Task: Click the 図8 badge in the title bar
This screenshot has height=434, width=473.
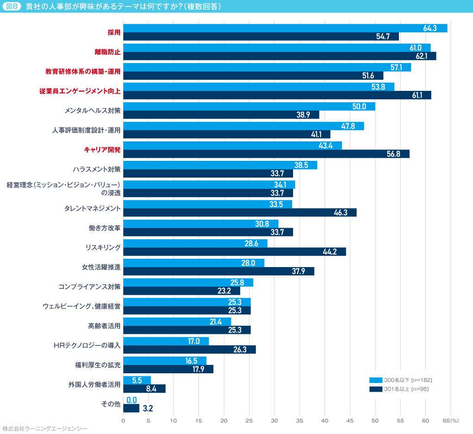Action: pos(12,6)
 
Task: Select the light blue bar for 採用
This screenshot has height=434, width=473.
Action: pos(285,28)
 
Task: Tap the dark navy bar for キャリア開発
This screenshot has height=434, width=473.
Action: pos(266,154)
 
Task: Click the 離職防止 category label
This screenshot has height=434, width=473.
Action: pos(108,52)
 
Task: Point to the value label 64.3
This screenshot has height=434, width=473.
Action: pos(430,28)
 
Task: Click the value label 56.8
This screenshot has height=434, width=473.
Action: pos(393,154)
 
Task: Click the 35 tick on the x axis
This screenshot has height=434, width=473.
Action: pos(300,421)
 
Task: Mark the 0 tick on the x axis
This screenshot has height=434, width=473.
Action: pos(123,421)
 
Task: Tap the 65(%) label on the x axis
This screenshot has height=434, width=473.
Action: pos(450,421)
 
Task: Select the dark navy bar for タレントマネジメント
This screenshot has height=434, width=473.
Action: pos(240,212)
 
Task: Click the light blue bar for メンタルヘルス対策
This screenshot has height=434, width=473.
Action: pos(249,107)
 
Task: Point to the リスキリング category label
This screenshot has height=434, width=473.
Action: pos(103,248)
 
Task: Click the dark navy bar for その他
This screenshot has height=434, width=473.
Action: pos(131,408)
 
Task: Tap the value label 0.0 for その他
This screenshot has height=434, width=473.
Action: pos(132,400)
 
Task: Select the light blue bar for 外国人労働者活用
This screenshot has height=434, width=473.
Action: pos(137,380)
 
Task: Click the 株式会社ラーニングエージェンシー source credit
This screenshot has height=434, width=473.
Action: pos(45,429)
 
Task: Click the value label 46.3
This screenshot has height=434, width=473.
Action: pos(341,212)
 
